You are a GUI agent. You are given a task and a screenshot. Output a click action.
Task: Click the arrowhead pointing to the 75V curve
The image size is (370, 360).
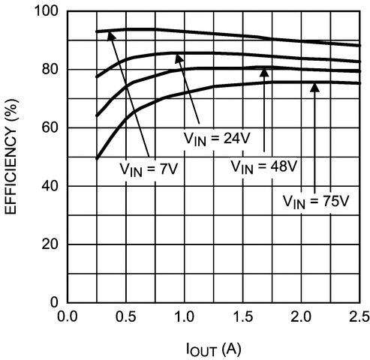tap(314, 87)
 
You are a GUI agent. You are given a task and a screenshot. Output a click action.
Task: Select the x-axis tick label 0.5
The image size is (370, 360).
tap(126, 316)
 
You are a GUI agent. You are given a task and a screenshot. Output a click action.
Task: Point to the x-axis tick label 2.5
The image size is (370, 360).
tap(357, 316)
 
